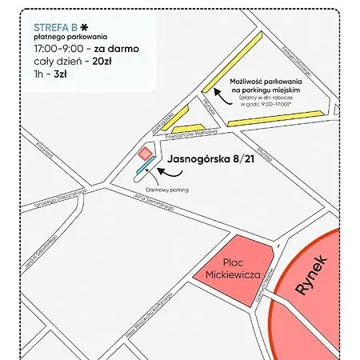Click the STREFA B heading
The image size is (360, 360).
click(56, 24)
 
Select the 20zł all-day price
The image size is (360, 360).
click(101, 61)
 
